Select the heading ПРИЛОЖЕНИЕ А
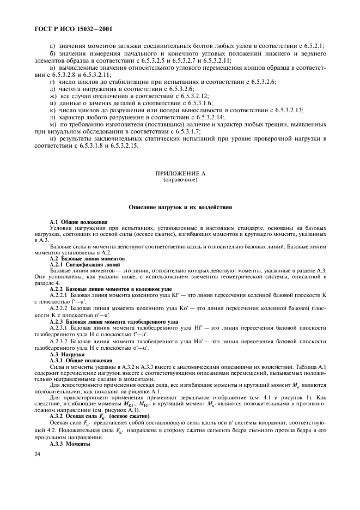pyautogui.click(x=180, y=173)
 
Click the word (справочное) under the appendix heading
pyautogui.click(x=180, y=179)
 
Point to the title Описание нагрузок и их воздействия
pyautogui.click(x=180, y=207)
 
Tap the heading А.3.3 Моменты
pyautogui.click(x=70, y=443)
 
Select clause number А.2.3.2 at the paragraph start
pyautogui.click(x=61, y=341)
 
